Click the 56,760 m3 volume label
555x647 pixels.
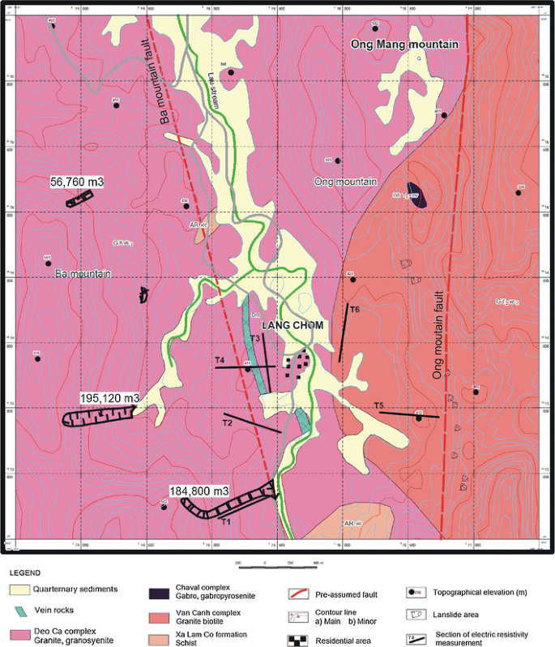(x=78, y=182)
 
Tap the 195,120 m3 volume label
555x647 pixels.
(x=110, y=398)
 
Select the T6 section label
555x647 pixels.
(x=354, y=309)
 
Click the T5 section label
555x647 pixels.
(x=378, y=405)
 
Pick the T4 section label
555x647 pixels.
(x=220, y=359)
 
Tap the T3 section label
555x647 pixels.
(x=254, y=338)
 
